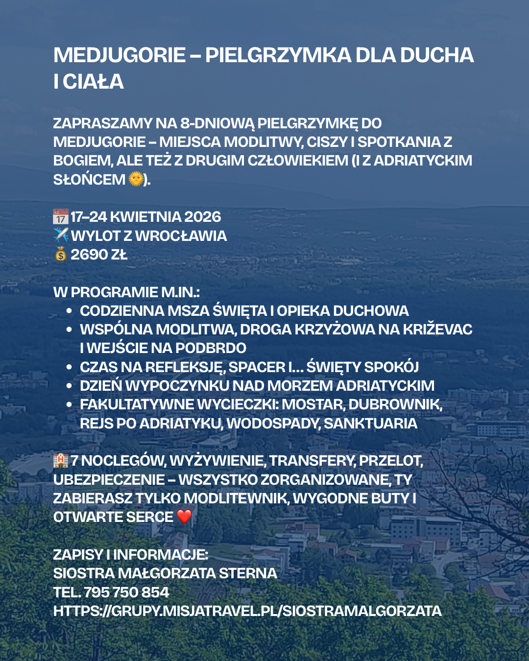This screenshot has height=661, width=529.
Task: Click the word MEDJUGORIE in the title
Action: coord(120,55)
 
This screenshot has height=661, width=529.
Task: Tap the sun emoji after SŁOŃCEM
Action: coord(136,179)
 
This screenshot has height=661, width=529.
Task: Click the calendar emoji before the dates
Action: coord(61,216)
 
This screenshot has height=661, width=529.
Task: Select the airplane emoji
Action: coord(61,236)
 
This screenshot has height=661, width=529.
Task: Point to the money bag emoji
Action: coord(60,254)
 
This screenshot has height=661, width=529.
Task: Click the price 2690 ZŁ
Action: coord(99,255)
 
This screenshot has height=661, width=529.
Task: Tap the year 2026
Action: coord(203,217)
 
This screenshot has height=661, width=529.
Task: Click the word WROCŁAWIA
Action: coord(181,236)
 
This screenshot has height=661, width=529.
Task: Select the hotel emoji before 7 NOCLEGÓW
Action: coord(61,460)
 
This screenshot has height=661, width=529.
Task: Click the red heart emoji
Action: coord(184,517)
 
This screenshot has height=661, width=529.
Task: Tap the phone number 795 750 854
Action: coord(126,592)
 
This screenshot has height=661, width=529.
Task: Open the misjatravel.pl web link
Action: coord(247,611)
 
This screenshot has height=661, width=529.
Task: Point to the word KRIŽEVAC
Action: coord(437,330)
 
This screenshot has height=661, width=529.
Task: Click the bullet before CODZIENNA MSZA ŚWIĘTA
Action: coord(70,311)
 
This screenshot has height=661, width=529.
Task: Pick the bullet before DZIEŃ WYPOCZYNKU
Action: coord(70,386)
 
